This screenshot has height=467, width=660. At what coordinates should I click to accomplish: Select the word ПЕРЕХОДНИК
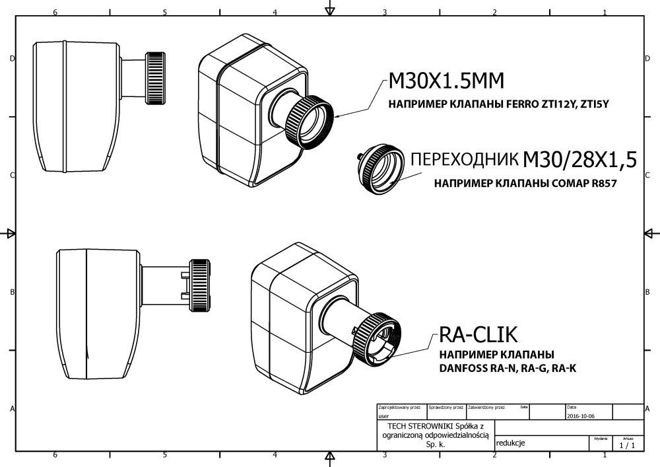click(x=464, y=160)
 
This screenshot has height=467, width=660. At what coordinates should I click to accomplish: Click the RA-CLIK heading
click(x=474, y=336)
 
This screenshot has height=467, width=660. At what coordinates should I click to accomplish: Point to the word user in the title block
click(x=383, y=417)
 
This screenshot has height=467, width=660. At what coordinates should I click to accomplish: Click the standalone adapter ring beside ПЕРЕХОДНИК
click(x=379, y=168)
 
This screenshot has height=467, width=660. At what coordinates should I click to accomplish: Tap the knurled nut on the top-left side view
click(x=156, y=78)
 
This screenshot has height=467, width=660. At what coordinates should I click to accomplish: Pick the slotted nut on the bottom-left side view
click(x=200, y=286)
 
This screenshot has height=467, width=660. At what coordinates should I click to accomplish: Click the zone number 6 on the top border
click(x=55, y=13)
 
